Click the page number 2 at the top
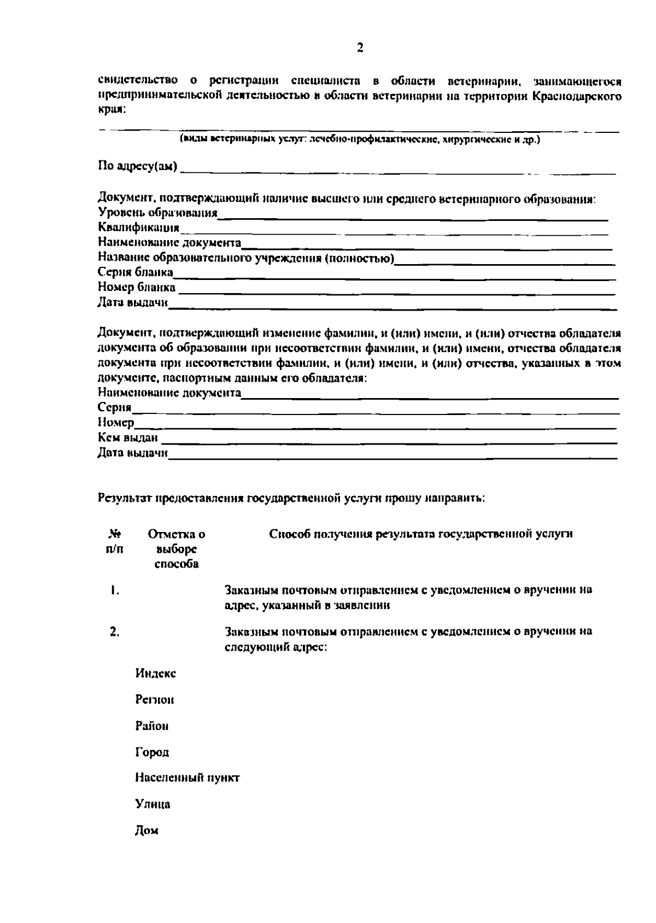(x=360, y=48)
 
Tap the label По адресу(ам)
(x=137, y=166)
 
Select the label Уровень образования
(x=157, y=213)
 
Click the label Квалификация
(x=138, y=227)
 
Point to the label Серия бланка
(x=135, y=272)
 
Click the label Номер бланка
(x=137, y=287)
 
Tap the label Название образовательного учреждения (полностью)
(x=246, y=258)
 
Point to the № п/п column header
(x=115, y=541)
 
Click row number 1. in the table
(x=114, y=591)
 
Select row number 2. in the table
(x=114, y=632)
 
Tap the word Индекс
(x=155, y=674)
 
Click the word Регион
(x=154, y=700)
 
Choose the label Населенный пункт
(x=187, y=778)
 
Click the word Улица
(x=153, y=804)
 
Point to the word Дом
(x=147, y=831)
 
